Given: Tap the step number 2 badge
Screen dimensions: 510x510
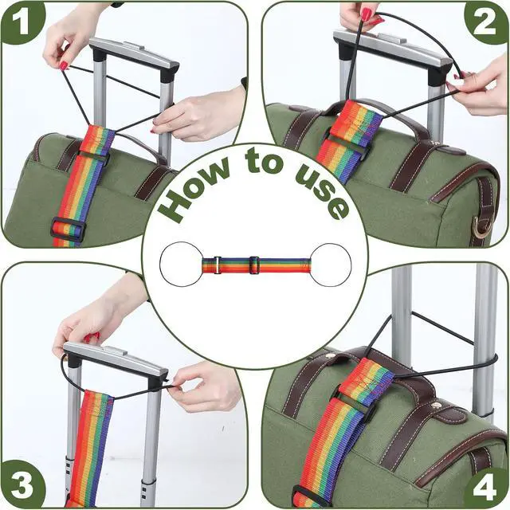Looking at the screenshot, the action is [486, 23].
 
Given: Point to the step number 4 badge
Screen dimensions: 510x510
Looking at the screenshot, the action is [485, 488].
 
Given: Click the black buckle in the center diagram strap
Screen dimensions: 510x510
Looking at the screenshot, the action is [254, 265].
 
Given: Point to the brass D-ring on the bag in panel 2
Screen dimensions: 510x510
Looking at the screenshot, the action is [480, 228].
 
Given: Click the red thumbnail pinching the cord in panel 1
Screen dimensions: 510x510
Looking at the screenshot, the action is [64, 66].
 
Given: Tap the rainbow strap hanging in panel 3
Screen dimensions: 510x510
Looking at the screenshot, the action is [92, 449].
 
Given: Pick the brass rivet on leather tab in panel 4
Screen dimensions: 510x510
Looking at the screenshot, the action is [438, 405].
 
